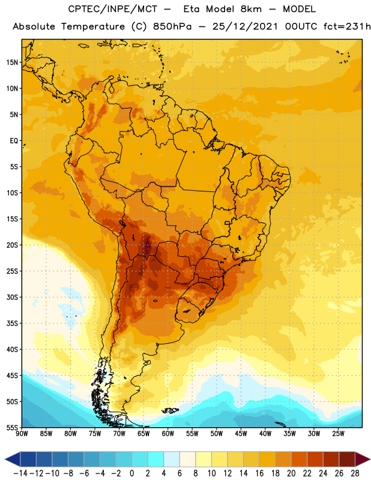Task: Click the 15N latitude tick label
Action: tap(11, 62)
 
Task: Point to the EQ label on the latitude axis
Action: tap(14, 141)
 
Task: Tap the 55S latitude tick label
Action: tap(11, 427)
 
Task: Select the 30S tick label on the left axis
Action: tap(11, 297)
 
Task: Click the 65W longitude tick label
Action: tap(143, 434)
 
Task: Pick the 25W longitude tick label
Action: tap(338, 434)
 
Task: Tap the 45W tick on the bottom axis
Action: tap(241, 434)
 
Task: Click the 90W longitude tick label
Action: tap(22, 434)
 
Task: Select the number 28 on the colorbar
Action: tap(355, 473)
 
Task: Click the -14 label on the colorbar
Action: tap(21, 473)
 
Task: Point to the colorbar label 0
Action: tap(131, 473)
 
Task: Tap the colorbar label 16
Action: tap(259, 473)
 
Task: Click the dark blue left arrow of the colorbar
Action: tap(13, 459)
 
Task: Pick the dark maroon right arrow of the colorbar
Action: tap(363, 459)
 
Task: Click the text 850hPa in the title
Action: tap(172, 26)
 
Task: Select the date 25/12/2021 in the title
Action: tap(245, 26)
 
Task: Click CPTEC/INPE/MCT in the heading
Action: tap(113, 9)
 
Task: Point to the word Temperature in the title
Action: tap(93, 27)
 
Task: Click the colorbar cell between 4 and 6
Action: tap(172, 459)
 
